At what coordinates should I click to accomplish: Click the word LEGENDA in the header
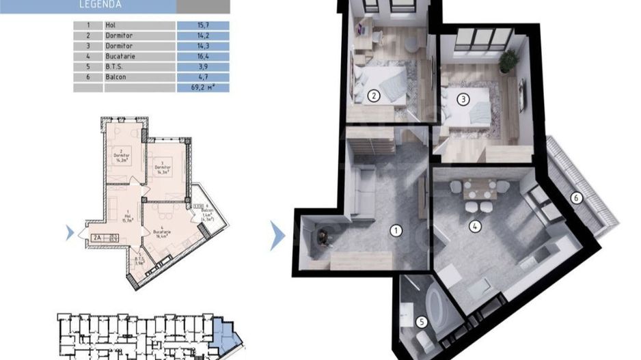point(100,4)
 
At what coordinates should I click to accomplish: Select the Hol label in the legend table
point(111,25)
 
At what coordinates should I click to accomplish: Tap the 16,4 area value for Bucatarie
point(185,57)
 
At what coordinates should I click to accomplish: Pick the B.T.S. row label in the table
point(115,67)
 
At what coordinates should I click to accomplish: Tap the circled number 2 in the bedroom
point(373,96)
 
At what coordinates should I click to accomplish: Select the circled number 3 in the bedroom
point(463,99)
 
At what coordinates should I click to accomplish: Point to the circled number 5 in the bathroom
point(422,322)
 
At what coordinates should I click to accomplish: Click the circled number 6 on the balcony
point(575,198)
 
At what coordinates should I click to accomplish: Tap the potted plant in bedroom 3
point(507,61)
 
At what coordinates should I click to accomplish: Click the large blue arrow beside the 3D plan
point(277,235)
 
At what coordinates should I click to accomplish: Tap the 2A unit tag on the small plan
point(98,237)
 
